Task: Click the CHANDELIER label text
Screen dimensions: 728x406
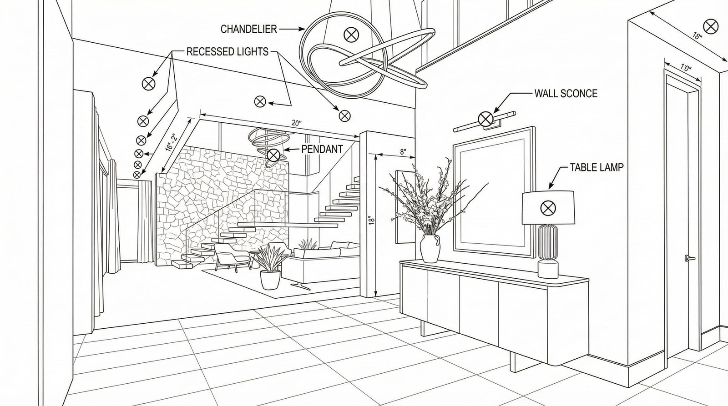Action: [x=248, y=29]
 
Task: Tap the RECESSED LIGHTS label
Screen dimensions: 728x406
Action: [x=227, y=52]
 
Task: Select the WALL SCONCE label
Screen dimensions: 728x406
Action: [x=566, y=94]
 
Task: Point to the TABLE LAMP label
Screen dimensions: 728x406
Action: [x=597, y=167]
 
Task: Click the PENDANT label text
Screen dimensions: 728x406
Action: [x=322, y=149]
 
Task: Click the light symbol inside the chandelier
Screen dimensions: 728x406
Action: [x=351, y=34]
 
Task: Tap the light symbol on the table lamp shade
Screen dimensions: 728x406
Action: [x=548, y=208]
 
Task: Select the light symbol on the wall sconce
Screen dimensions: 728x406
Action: [x=485, y=119]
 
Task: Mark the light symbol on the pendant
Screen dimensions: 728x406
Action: [x=273, y=155]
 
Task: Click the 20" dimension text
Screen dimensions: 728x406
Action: [x=296, y=123]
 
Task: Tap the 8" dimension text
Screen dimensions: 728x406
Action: [x=403, y=152]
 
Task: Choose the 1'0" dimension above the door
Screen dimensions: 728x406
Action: [x=686, y=68]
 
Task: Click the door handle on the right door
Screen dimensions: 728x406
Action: [x=689, y=259]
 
